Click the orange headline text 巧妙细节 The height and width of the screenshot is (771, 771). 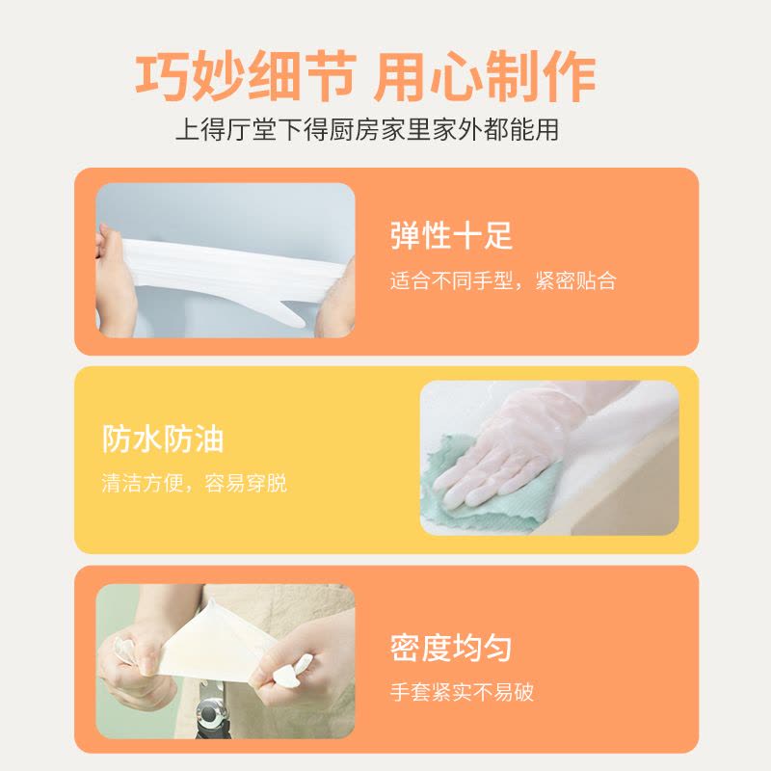point(246,77)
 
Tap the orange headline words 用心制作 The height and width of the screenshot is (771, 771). point(485,77)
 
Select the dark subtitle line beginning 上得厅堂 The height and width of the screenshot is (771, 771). point(367,129)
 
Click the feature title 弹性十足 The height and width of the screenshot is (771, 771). point(451,235)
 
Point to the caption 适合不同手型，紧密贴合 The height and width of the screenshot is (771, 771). point(503,280)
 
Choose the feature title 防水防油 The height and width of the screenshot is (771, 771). point(163,439)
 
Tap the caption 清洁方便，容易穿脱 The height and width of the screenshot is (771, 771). point(195,484)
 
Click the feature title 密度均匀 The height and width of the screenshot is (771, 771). point(451,648)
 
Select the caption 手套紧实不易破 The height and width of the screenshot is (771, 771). point(462,692)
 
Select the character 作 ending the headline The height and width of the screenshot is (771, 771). point(570,77)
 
